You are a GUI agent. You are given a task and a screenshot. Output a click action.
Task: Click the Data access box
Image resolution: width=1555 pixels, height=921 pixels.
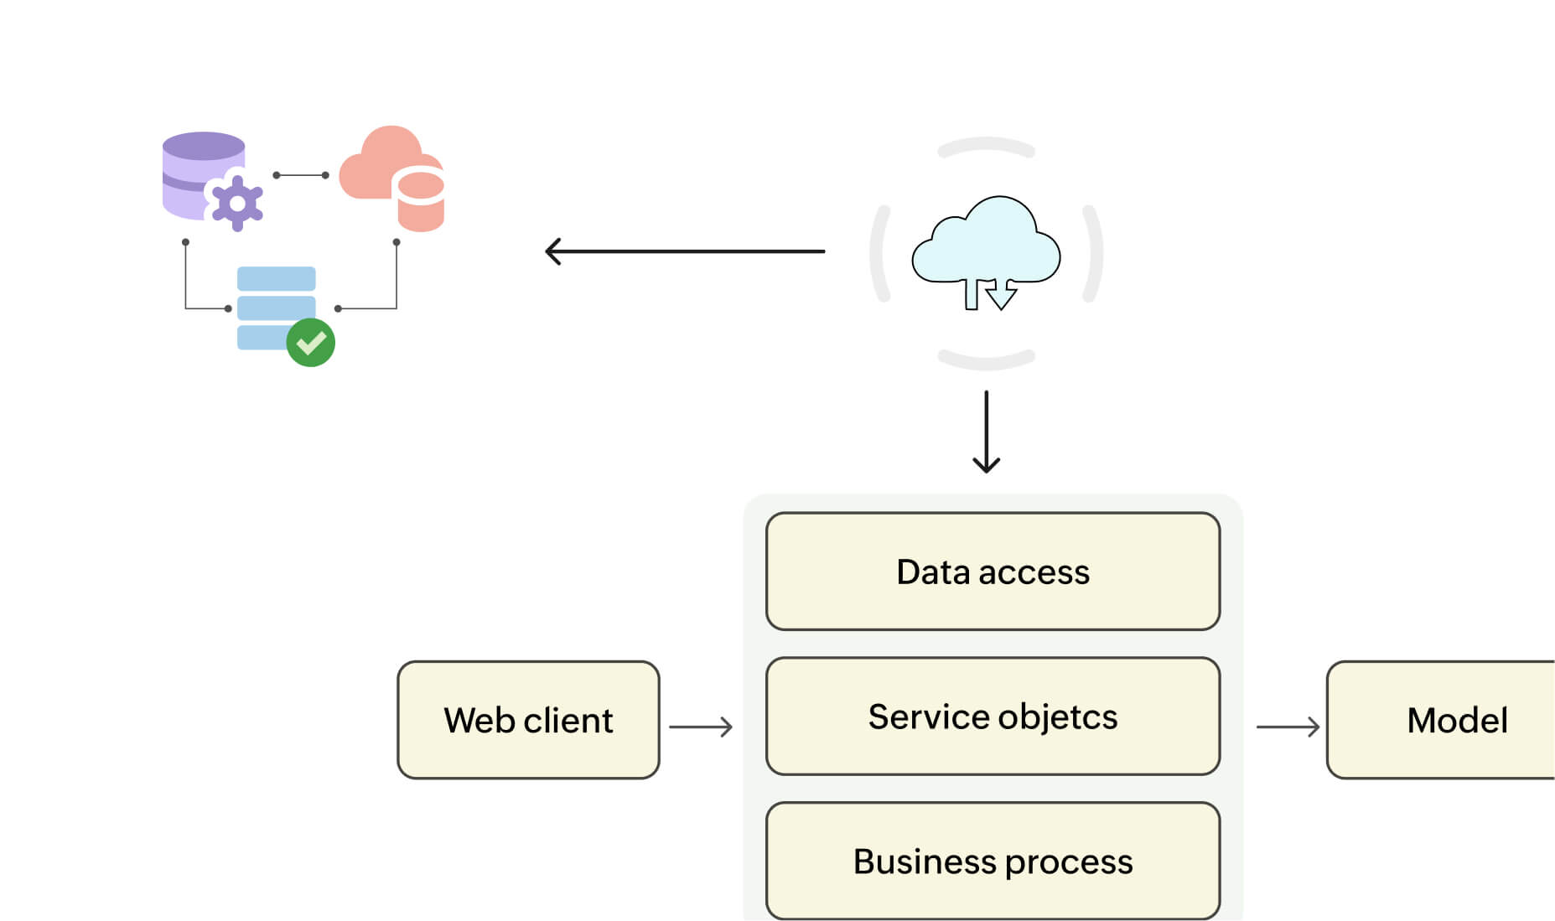click(993, 572)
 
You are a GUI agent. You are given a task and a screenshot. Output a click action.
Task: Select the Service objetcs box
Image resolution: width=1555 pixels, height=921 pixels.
click(993, 717)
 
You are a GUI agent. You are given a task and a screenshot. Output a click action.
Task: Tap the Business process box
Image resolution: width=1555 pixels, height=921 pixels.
click(993, 861)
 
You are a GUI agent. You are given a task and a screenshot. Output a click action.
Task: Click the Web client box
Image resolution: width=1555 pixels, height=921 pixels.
click(528, 720)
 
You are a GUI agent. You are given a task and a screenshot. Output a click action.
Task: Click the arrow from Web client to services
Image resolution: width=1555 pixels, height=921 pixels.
click(701, 727)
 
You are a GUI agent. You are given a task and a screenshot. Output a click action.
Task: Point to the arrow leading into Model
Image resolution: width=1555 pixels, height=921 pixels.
click(1288, 727)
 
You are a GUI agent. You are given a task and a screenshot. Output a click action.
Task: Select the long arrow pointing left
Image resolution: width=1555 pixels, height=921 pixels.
click(684, 251)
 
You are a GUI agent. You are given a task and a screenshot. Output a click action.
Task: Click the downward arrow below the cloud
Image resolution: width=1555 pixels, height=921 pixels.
click(986, 432)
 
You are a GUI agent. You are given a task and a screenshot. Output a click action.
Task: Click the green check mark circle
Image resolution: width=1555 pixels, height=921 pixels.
click(311, 342)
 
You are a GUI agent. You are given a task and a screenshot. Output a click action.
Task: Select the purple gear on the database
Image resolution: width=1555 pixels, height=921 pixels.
click(237, 203)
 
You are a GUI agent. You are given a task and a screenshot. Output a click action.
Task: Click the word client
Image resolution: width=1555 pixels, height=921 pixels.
click(568, 721)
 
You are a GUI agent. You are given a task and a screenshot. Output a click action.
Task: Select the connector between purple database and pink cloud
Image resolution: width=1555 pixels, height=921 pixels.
click(301, 175)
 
